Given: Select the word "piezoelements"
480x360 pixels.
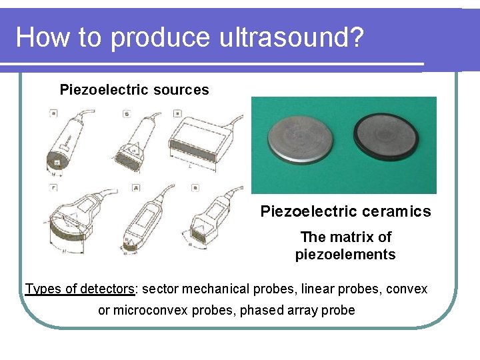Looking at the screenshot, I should [345, 254].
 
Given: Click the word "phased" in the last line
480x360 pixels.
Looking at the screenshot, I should [261, 310].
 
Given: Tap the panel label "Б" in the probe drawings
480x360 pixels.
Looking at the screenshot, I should [126, 114].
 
